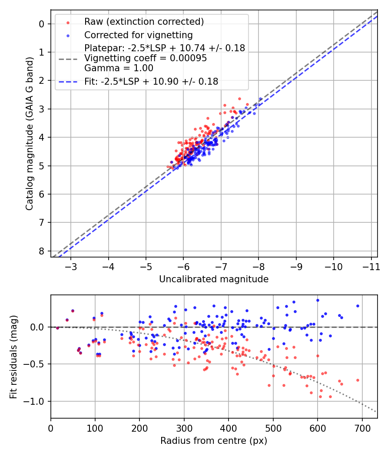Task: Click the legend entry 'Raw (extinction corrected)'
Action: (x=144, y=22)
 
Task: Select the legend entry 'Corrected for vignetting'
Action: (x=138, y=35)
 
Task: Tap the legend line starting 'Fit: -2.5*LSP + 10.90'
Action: (x=151, y=81)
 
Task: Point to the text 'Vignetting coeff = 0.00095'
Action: (x=146, y=58)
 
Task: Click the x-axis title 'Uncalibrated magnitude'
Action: (x=214, y=279)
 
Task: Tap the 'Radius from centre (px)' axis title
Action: (x=214, y=441)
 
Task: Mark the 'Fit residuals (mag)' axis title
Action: (x=13, y=357)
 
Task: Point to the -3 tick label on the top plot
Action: (x=71, y=266)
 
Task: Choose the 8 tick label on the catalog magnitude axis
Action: (x=42, y=251)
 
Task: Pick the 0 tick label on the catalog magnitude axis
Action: (x=42, y=24)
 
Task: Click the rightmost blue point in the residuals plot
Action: (x=358, y=306)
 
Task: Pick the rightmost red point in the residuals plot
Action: (x=358, y=380)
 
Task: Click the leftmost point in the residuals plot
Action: (x=57, y=328)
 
